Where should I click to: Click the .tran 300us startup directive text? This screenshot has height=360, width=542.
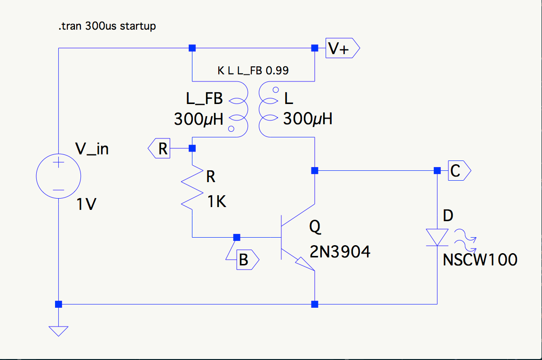point(107,26)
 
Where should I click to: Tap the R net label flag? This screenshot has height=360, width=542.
point(159,149)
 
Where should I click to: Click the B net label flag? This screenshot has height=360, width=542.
point(245,259)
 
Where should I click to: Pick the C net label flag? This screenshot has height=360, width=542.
point(456,170)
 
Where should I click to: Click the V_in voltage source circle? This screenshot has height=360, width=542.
point(58,176)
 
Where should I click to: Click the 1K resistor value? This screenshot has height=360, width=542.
point(217,202)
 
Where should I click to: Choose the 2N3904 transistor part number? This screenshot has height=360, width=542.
point(340,252)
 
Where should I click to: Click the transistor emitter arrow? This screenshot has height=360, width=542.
point(303,264)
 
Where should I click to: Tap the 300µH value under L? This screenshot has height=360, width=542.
point(308,119)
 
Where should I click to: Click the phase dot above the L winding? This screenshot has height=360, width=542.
point(270,90)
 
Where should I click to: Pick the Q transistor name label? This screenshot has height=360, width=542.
point(315,227)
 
